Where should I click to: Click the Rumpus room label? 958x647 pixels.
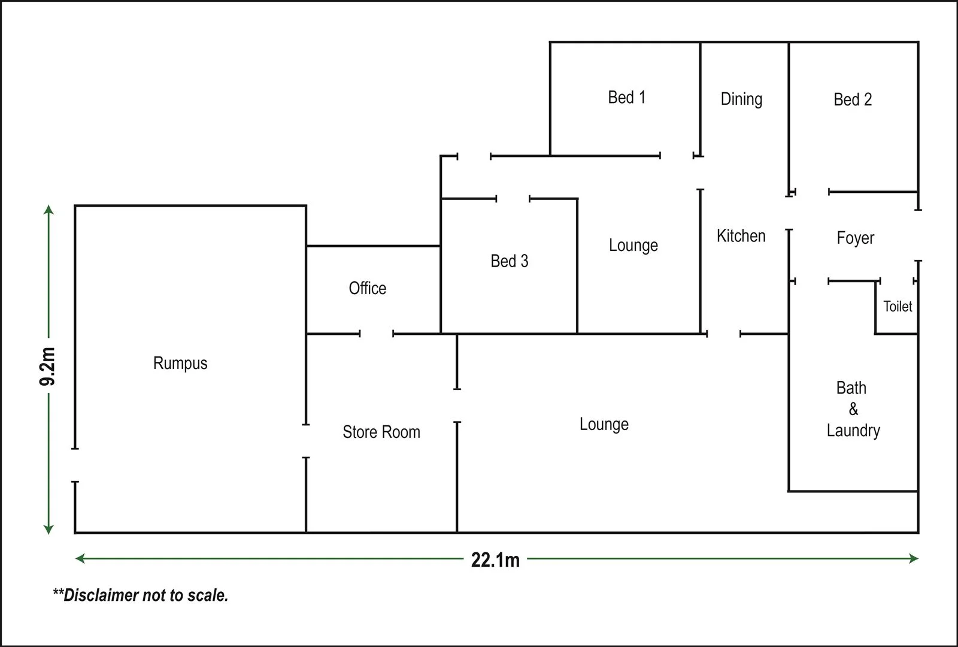pyautogui.click(x=180, y=363)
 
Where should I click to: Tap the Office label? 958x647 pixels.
pyautogui.click(x=368, y=288)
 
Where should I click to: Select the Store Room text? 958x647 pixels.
pyautogui.click(x=381, y=432)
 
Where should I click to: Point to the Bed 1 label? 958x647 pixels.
pyautogui.click(x=627, y=97)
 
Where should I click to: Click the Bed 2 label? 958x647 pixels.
pyautogui.click(x=853, y=99)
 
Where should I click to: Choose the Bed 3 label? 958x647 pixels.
pyautogui.click(x=510, y=261)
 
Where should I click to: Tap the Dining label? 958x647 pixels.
pyautogui.click(x=741, y=99)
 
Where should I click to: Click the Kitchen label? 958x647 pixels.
pyautogui.click(x=741, y=236)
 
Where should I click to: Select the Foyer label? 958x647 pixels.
pyautogui.click(x=855, y=238)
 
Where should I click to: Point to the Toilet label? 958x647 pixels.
pyautogui.click(x=898, y=307)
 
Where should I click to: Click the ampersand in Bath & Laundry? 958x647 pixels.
pyautogui.click(x=853, y=409)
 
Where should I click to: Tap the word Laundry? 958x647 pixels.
pyautogui.click(x=853, y=431)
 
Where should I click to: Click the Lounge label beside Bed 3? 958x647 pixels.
pyautogui.click(x=633, y=246)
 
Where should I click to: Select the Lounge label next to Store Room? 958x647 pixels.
pyautogui.click(x=604, y=425)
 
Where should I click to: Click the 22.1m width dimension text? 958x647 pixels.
pyautogui.click(x=495, y=560)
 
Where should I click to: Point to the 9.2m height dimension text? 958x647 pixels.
pyautogui.click(x=48, y=367)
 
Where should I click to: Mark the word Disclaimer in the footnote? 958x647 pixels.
pyautogui.click(x=100, y=595)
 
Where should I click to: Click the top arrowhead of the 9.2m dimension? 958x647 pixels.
pyautogui.click(x=49, y=210)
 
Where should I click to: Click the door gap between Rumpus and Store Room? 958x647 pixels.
pyautogui.click(x=306, y=441)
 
